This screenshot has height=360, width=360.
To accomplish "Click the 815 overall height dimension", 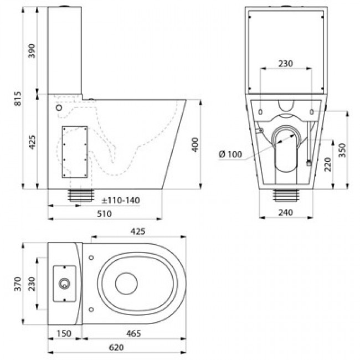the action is point(18,99).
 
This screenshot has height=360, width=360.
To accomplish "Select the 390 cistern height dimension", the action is point(32,51).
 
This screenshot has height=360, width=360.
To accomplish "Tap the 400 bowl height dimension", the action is point(195,145).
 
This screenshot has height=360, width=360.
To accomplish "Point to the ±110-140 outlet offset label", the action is point(121,200).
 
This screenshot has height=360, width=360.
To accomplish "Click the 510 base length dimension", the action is point(105,214).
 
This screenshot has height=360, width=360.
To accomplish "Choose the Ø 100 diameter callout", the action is point(230,154).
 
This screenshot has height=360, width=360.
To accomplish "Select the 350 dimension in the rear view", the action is point(342,150).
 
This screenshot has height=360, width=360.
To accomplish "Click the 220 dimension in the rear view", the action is point(328,164).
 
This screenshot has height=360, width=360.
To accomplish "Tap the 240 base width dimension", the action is point(286,213).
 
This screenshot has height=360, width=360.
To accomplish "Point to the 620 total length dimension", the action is point(116,348).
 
